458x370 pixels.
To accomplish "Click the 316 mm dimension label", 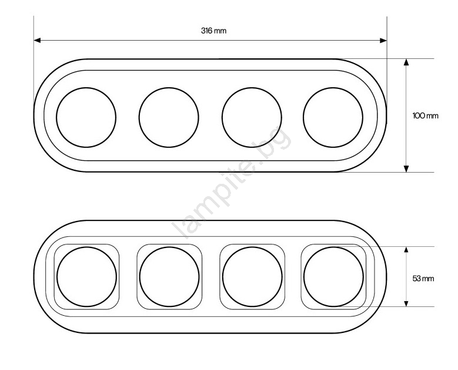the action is pos(213,31).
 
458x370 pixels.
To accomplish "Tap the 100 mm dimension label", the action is pos(425,115).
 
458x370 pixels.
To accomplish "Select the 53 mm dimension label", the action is pos(423,278).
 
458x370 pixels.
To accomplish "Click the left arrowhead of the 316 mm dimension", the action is pos(37,41).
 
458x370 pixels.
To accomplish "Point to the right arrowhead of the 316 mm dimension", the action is pos(383,41).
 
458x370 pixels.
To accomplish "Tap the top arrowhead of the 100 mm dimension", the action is pos(406,62).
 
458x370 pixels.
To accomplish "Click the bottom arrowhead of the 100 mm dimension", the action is pos(406,169).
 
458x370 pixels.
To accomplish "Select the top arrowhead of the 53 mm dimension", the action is pos(406,250).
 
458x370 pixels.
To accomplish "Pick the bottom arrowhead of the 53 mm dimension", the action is pos(406,303).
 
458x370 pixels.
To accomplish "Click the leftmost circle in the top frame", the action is pos(56,117).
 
